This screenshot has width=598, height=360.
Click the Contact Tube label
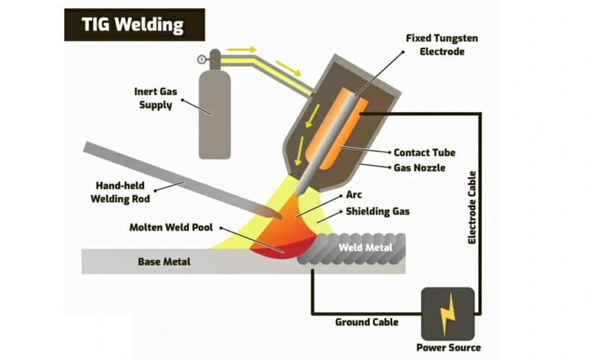[424, 152]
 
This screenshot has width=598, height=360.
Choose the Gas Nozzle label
[419, 168]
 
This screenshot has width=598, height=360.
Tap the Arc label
[354, 195]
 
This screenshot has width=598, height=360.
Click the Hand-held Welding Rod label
[123, 192]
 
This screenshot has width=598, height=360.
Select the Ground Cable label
[366, 322]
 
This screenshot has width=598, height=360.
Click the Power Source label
[449, 347]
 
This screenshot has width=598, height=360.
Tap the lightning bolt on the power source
[449, 314]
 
